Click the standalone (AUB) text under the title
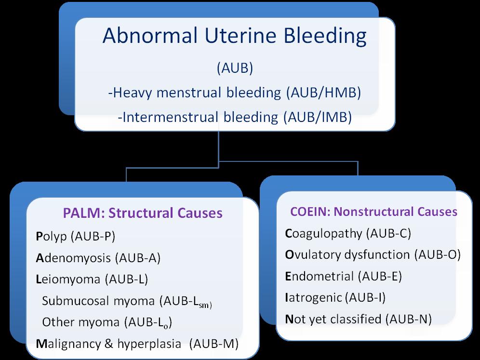pos(235,68)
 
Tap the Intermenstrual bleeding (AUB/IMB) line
pos(234,116)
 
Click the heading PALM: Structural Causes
pos(143,213)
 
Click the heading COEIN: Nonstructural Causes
pos(373,212)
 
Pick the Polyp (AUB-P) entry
pos(76,236)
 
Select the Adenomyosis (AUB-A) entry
pos(98,258)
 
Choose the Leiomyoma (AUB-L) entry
pos(92,279)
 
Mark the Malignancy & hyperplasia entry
pos(137,344)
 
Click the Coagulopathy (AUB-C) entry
pos(347,234)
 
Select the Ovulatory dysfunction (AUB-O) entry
pos(373,255)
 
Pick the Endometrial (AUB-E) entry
pos(343,276)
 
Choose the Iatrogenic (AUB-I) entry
pos(335,297)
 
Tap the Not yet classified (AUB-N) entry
pos(358,319)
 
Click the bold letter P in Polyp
pos(40,236)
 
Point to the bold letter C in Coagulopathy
pos(289,234)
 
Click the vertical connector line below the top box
pos(219,146)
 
